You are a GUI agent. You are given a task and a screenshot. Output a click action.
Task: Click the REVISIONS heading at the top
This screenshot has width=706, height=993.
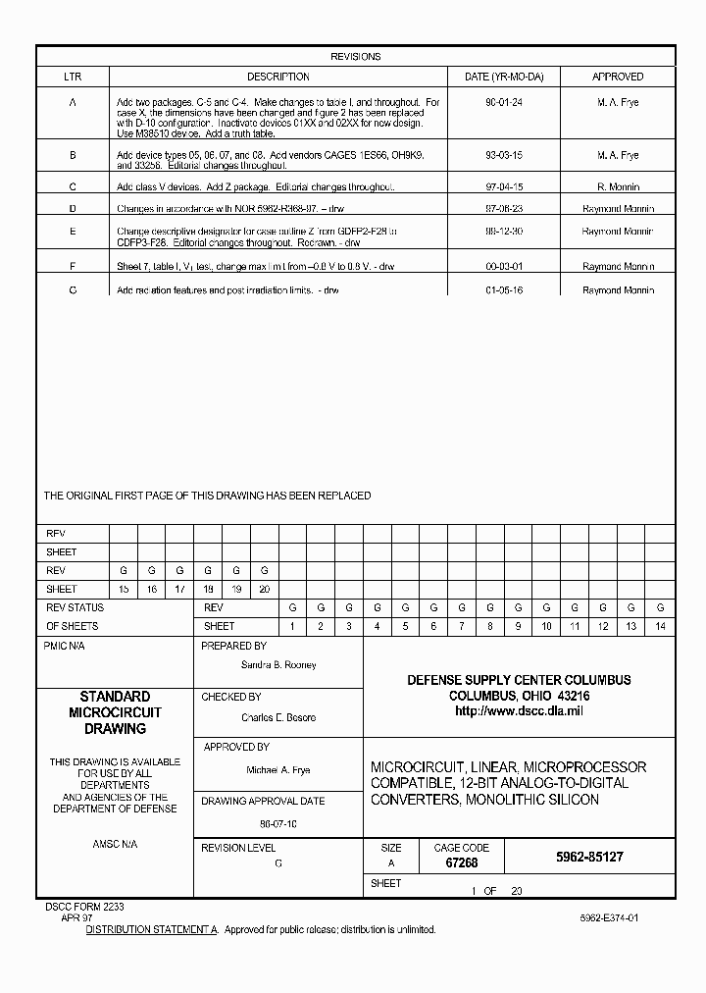pyautogui.click(x=355, y=57)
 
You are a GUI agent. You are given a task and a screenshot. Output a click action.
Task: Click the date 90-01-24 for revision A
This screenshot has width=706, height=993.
pyautogui.click(x=503, y=102)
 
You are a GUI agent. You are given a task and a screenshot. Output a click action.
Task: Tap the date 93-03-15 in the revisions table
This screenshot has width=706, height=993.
pyautogui.click(x=503, y=155)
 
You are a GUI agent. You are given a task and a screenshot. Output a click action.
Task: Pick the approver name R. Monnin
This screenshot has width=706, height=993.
pyautogui.click(x=617, y=186)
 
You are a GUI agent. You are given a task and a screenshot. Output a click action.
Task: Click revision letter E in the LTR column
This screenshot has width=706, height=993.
pyautogui.click(x=73, y=232)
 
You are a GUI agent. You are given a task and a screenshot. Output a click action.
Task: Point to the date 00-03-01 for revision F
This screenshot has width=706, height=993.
pyautogui.click(x=503, y=266)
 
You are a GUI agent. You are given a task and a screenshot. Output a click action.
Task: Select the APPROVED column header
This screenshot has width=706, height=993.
pyautogui.click(x=617, y=77)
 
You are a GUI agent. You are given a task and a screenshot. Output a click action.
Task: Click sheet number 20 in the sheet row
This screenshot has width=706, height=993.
pyautogui.click(x=264, y=589)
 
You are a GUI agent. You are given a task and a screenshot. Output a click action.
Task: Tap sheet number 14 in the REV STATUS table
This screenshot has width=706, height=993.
pyautogui.click(x=660, y=626)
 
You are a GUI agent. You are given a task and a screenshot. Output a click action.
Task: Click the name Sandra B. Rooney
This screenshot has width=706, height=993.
pyautogui.click(x=278, y=665)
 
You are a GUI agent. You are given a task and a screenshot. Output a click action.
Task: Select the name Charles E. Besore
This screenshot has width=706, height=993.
pyautogui.click(x=278, y=717)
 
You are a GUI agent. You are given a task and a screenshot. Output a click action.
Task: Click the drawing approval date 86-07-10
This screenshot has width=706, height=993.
pyautogui.click(x=278, y=824)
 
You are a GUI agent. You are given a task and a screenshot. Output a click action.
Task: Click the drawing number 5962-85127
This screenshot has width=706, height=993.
pyautogui.click(x=588, y=857)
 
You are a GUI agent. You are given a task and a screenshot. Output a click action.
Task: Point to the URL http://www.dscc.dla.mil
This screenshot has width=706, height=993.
pyautogui.click(x=519, y=710)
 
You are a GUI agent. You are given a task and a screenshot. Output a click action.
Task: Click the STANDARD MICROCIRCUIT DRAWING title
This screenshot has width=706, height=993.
pyautogui.click(x=115, y=712)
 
